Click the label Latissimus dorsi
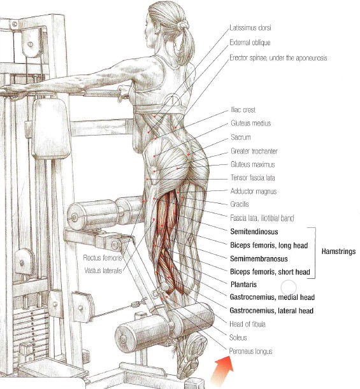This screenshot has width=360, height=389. tap(250, 27)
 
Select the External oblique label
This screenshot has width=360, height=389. tap(250, 43)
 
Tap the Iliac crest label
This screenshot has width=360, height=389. tap(243, 110)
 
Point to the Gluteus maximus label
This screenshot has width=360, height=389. tap(253, 164)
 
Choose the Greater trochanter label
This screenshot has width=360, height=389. tap(254, 151)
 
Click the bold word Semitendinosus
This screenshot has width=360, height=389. tap(254, 232)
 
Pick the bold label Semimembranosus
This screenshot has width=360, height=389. tap(259, 258)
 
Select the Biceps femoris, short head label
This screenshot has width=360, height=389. tap(270, 272)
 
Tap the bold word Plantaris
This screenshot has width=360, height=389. tap(243, 285)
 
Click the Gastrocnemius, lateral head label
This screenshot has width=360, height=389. tap(271, 310)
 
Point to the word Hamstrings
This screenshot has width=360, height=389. tap(338, 251)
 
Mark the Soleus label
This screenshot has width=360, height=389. tap(238, 337)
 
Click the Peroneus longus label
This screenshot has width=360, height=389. tap(250, 351)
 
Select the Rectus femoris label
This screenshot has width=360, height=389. tap(103, 258)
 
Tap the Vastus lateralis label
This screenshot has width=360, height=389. tap(103, 271)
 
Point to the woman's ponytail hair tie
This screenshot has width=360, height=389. tap(184, 25)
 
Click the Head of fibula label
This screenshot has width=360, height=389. tap(247, 324)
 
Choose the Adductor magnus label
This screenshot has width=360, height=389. tap(253, 191)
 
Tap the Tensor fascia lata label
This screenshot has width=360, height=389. tap(253, 178)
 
